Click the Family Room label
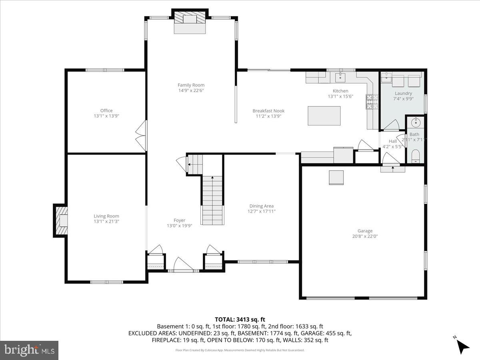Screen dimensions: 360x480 191,85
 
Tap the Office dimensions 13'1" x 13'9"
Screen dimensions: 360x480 106,116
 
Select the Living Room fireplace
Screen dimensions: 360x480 61,220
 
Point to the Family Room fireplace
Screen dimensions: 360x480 190,19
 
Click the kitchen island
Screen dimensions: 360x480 324,116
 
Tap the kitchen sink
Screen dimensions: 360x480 342,76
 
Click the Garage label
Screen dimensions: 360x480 365,231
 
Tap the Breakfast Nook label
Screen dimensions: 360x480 268,111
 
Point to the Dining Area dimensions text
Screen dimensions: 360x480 261,212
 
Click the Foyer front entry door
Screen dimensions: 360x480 182,265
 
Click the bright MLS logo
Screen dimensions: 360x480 29,350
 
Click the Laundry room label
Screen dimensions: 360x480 403,94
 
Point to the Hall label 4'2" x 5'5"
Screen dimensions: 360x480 392,144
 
